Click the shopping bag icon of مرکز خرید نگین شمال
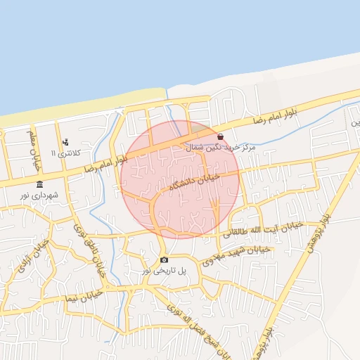point(221,137)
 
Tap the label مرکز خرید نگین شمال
point(219,148)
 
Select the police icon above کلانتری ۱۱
point(65,143)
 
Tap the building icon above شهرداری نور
point(39,184)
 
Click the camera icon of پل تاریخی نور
point(165,259)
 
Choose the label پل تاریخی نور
point(165,269)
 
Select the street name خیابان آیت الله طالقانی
point(268,229)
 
